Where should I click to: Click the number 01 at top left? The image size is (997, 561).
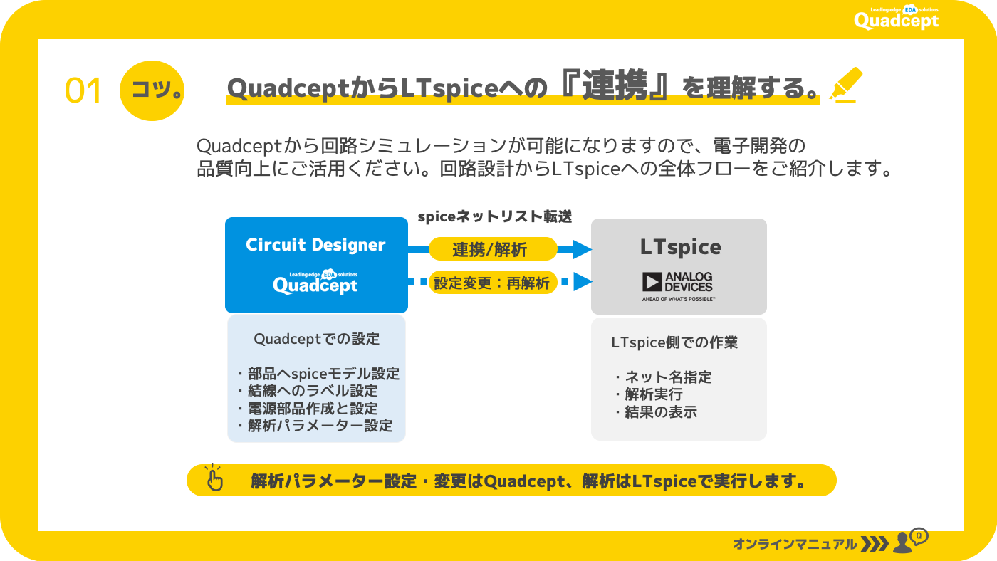[x=83, y=90]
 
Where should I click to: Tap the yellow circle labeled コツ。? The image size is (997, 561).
[x=152, y=90]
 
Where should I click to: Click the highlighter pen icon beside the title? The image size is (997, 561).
[x=846, y=85]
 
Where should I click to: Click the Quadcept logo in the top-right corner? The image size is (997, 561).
[x=897, y=18]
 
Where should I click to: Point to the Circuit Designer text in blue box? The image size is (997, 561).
[x=315, y=245]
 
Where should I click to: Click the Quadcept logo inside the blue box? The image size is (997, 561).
[x=315, y=282]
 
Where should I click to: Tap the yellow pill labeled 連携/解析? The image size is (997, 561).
[x=493, y=249]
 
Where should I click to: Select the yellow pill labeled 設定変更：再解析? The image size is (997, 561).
[x=493, y=283]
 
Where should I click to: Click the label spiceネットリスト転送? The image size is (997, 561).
[x=495, y=216]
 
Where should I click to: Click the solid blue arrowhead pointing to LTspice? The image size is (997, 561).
[x=583, y=249]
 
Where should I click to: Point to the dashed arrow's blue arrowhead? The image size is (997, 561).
[x=583, y=282]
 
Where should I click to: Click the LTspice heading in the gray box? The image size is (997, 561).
[x=680, y=247]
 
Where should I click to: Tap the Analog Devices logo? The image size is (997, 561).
[x=678, y=286]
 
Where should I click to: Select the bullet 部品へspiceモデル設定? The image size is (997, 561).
[x=319, y=374]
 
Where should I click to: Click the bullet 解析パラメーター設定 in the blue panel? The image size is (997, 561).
[x=315, y=426]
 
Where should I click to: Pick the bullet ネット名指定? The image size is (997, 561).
[x=664, y=377]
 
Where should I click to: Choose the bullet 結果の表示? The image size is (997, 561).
[x=657, y=412]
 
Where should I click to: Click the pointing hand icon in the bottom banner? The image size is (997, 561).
[x=214, y=478]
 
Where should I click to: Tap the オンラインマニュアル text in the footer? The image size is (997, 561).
[x=795, y=544]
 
